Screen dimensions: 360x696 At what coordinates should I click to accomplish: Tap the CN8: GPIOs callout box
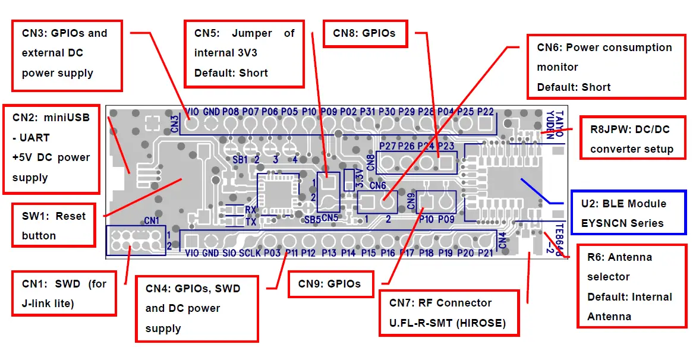[x=365, y=33]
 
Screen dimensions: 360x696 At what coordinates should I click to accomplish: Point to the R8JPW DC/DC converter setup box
[x=631, y=138]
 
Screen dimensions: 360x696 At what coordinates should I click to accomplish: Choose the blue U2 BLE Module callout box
[x=628, y=213]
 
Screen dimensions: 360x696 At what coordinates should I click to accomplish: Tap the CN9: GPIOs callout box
[x=329, y=284]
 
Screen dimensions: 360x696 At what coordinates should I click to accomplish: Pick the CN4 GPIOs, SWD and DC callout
[x=197, y=308]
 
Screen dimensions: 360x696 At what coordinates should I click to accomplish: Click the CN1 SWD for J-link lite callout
[x=64, y=293]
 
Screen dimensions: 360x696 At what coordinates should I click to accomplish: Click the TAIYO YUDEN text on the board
[x=555, y=124]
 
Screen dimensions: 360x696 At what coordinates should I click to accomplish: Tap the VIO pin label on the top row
[x=192, y=112]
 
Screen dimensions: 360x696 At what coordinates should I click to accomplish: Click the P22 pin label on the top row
[x=485, y=112]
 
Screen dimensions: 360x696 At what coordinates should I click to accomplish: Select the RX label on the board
[x=250, y=210]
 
